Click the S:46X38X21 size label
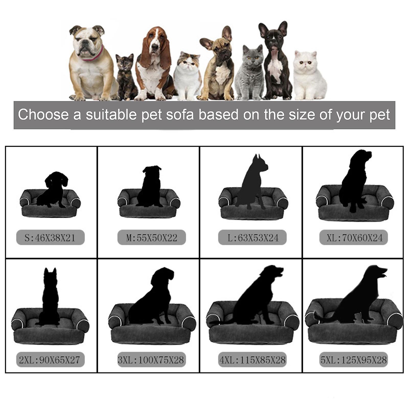(x=50, y=238)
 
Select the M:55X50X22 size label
(x=152, y=238)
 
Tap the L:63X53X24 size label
(x=253, y=238)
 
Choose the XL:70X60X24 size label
(x=354, y=238)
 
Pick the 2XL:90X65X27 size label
(x=50, y=360)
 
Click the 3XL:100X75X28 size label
(x=152, y=360)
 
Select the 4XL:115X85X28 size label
(x=253, y=360)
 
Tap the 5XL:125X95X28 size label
(x=354, y=360)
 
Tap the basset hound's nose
(x=155, y=47)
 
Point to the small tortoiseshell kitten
(x=125, y=77)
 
